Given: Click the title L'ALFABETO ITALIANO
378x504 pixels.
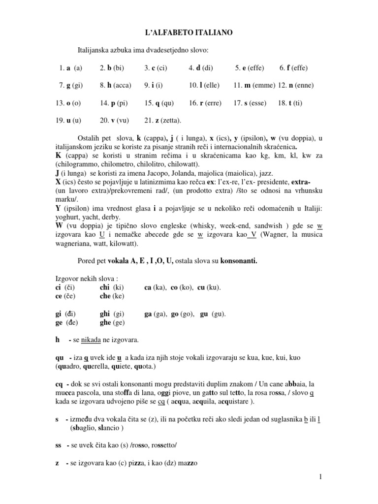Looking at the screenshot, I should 189,32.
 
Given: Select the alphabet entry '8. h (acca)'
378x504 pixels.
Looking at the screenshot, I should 115,85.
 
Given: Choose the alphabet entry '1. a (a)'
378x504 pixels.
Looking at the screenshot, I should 69,67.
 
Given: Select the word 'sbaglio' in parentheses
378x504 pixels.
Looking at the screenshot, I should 82,428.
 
